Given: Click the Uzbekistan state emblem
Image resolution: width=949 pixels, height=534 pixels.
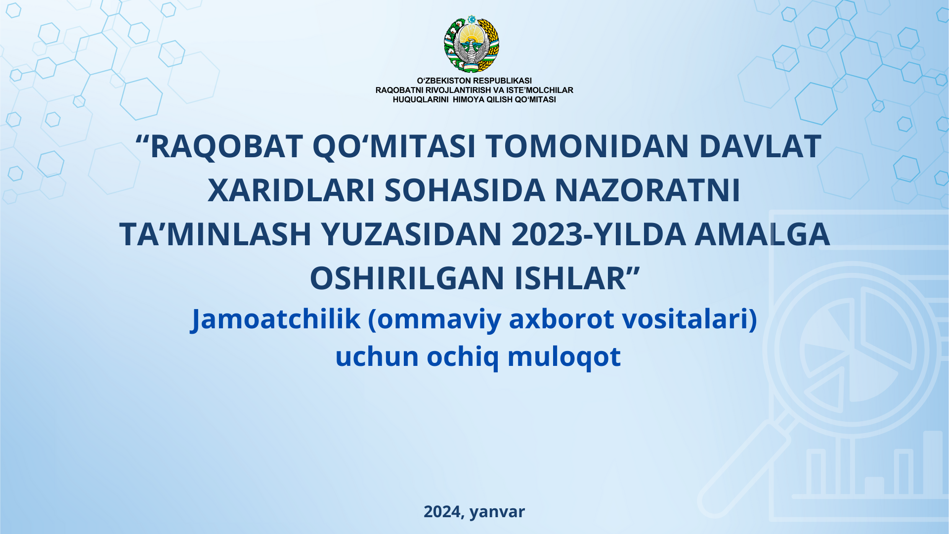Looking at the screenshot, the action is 472,44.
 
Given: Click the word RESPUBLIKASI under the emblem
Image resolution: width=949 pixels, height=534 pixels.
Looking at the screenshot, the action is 502,81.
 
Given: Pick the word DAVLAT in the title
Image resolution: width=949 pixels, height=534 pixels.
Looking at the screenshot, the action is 760,146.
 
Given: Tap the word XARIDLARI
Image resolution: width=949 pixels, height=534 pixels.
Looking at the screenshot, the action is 291,190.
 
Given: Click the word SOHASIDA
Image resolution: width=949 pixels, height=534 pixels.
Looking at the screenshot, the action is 465,190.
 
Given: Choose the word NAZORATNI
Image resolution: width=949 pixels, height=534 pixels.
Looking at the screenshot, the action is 647,190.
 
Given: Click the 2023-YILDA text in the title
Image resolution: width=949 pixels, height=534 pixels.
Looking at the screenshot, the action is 599,234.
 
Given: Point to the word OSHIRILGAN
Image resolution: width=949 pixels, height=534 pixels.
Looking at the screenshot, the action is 407,278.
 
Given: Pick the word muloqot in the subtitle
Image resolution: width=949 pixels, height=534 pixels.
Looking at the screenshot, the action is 564,357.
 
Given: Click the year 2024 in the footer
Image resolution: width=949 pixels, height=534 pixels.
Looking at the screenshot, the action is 442,511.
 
